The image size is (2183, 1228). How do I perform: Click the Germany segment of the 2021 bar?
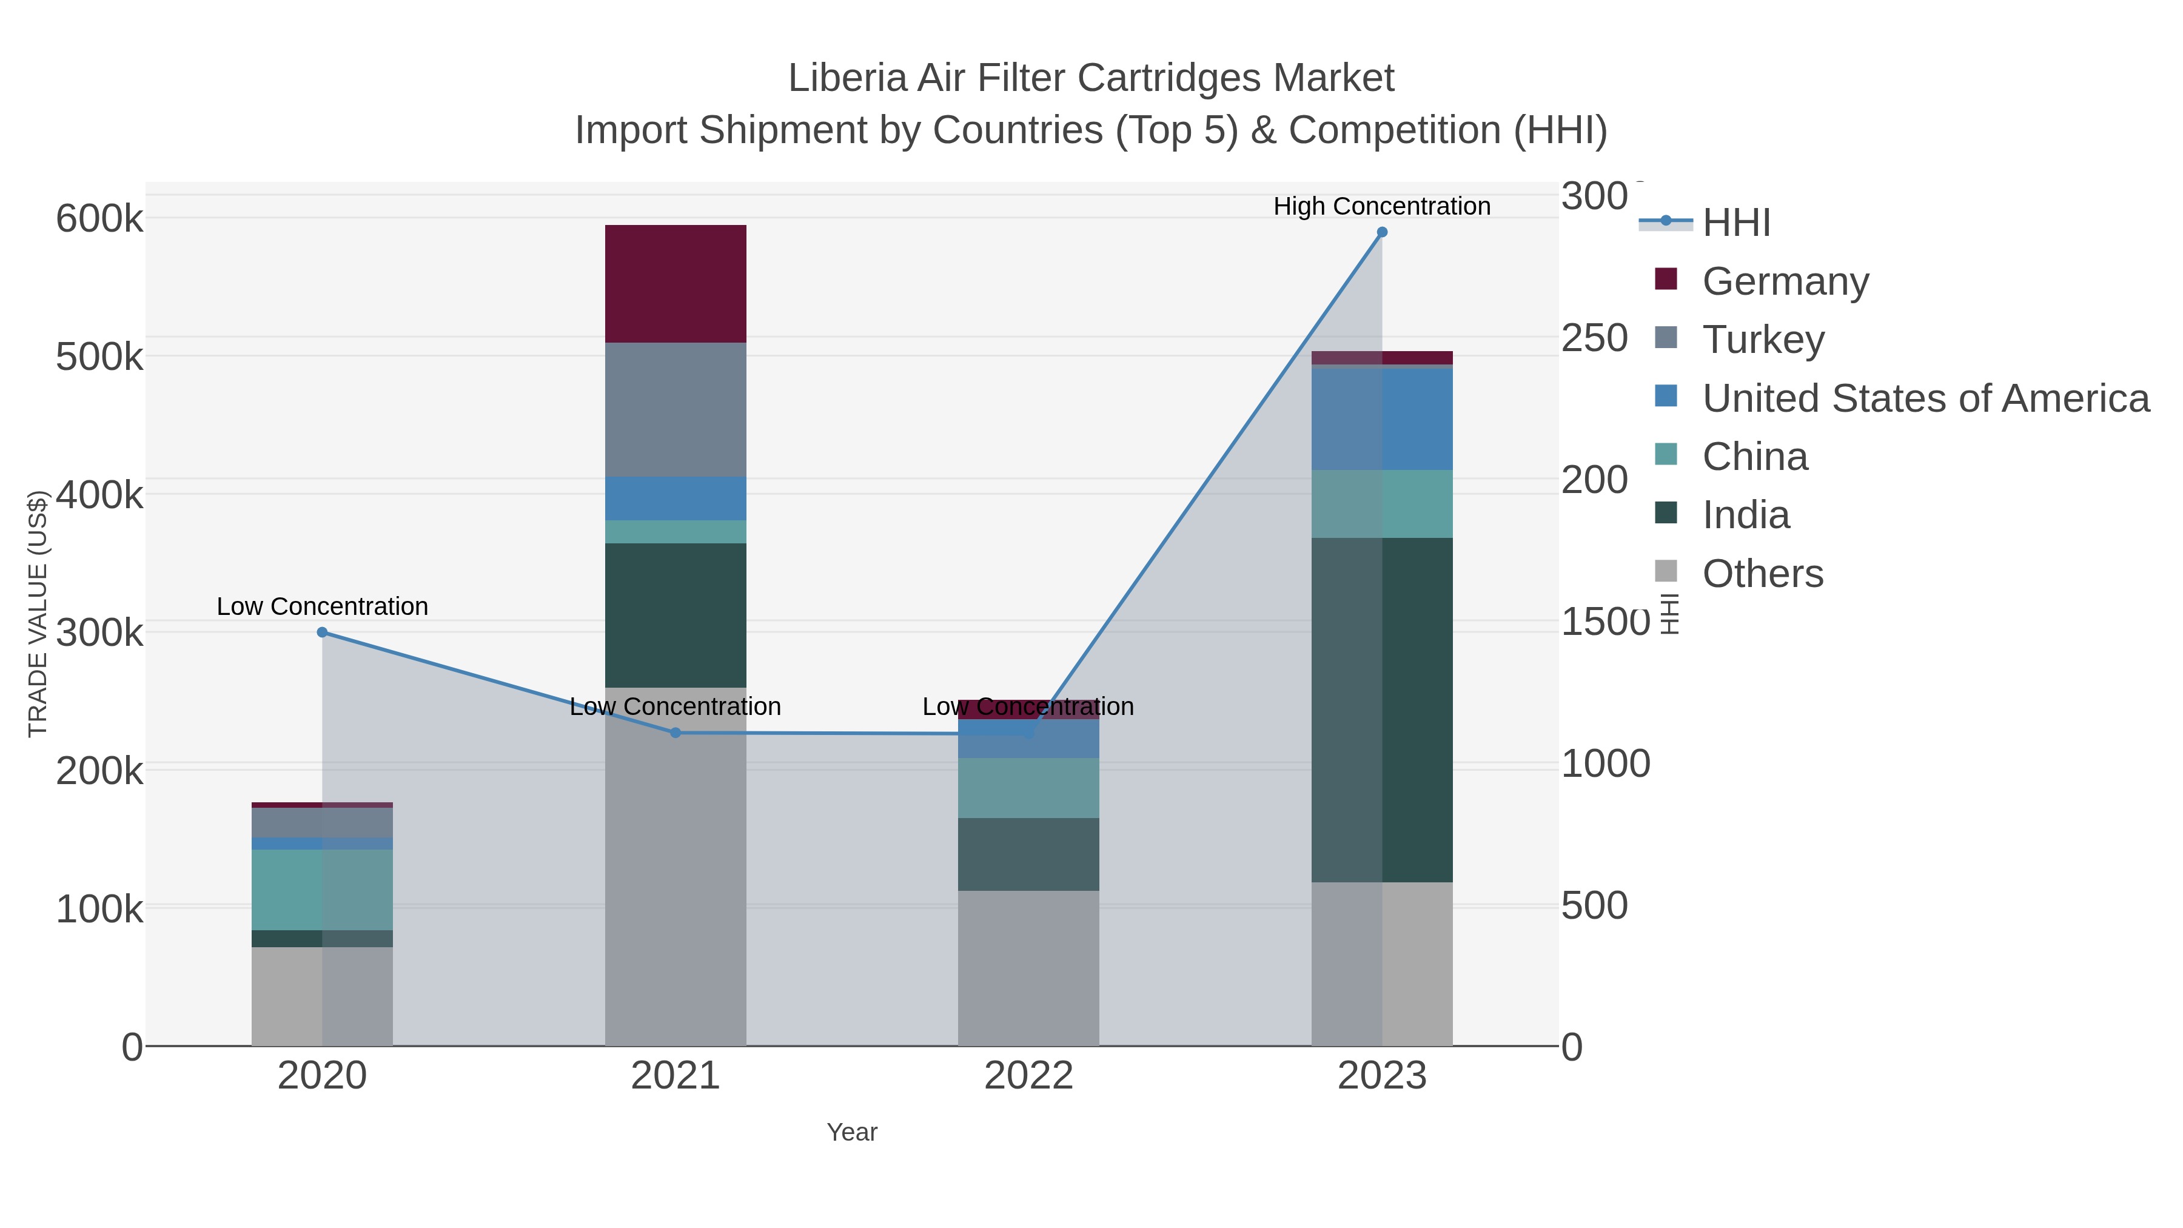pyautogui.click(x=676, y=283)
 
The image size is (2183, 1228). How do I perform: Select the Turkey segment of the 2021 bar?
pyautogui.click(x=676, y=409)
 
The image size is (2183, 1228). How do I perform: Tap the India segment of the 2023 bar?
pyautogui.click(x=1382, y=710)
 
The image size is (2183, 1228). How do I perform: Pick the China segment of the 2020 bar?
pyautogui.click(x=322, y=889)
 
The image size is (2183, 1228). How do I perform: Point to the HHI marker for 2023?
pyautogui.click(x=1382, y=232)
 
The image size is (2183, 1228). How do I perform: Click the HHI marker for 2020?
pyautogui.click(x=322, y=632)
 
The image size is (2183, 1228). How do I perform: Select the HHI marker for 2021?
pyautogui.click(x=676, y=733)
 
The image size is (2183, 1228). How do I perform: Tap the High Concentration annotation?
pyautogui.click(x=1381, y=206)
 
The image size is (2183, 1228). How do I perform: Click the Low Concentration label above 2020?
pyautogui.click(x=322, y=607)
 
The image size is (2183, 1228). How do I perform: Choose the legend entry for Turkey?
pyautogui.click(x=1763, y=339)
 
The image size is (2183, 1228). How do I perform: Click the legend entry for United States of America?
pyautogui.click(x=1923, y=398)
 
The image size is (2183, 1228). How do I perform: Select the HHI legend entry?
pyautogui.click(x=1735, y=222)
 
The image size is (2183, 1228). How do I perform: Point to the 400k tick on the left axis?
pyautogui.click(x=99, y=495)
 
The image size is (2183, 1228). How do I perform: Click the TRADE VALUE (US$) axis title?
pyautogui.click(x=37, y=614)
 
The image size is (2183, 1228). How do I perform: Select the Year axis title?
pyautogui.click(x=852, y=1132)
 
